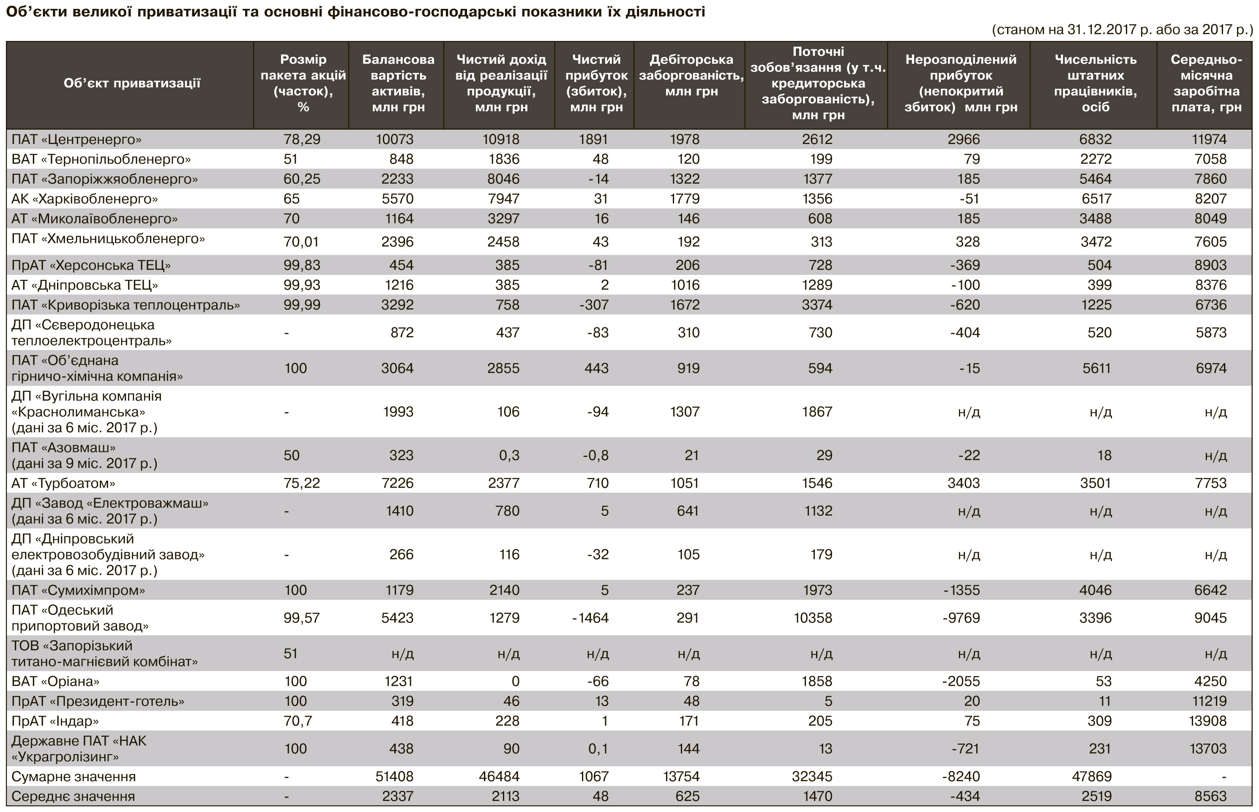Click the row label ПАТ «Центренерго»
click(76, 140)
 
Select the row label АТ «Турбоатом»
click(63, 483)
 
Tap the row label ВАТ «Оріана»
click(55, 681)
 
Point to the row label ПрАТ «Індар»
click(55, 721)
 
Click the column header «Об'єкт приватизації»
click(132, 83)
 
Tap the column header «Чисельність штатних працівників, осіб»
click(1095, 83)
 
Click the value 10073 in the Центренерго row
click(395, 140)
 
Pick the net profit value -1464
click(590, 618)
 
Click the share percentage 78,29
click(302, 140)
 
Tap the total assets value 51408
click(395, 777)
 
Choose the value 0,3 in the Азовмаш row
click(509, 456)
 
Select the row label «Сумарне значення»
click(74, 777)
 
